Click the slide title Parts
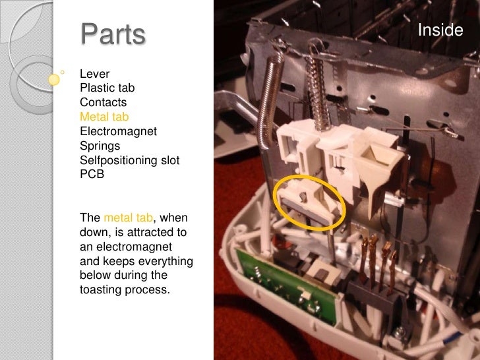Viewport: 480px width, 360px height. [x=113, y=34]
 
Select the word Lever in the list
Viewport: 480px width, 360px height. [x=94, y=74]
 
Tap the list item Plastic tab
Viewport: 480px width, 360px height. [x=107, y=88]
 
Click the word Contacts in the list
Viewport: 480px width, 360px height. [x=103, y=102]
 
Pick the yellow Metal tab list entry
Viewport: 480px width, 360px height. [x=104, y=117]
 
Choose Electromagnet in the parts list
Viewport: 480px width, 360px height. [x=118, y=131]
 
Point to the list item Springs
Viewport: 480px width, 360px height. [x=100, y=146]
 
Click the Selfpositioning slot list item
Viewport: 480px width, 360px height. [x=129, y=160]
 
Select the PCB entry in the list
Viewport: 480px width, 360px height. [x=92, y=174]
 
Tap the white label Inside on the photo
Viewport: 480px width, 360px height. [x=440, y=30]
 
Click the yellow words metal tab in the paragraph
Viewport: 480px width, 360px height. [x=129, y=218]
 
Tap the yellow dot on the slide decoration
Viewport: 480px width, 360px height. [x=54, y=80]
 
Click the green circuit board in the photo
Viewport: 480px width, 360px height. [x=286, y=287]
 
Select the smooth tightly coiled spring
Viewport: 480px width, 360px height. [x=270, y=98]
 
